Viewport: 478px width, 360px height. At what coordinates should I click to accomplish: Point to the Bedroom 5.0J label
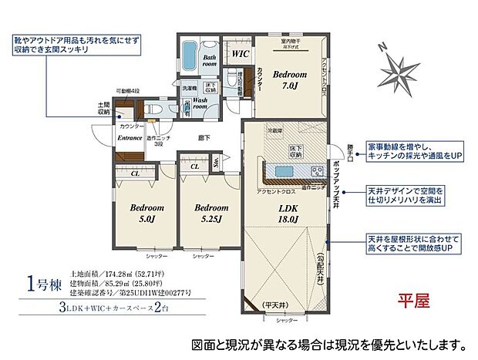(144, 213)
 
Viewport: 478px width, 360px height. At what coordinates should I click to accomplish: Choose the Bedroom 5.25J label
(210, 213)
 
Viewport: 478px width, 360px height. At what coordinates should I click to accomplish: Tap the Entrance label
(130, 138)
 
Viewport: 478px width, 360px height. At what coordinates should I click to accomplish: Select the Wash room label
(206, 104)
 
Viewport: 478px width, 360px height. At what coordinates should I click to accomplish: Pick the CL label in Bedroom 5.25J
(195, 165)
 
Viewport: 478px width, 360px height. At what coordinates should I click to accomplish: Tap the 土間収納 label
(103, 107)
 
